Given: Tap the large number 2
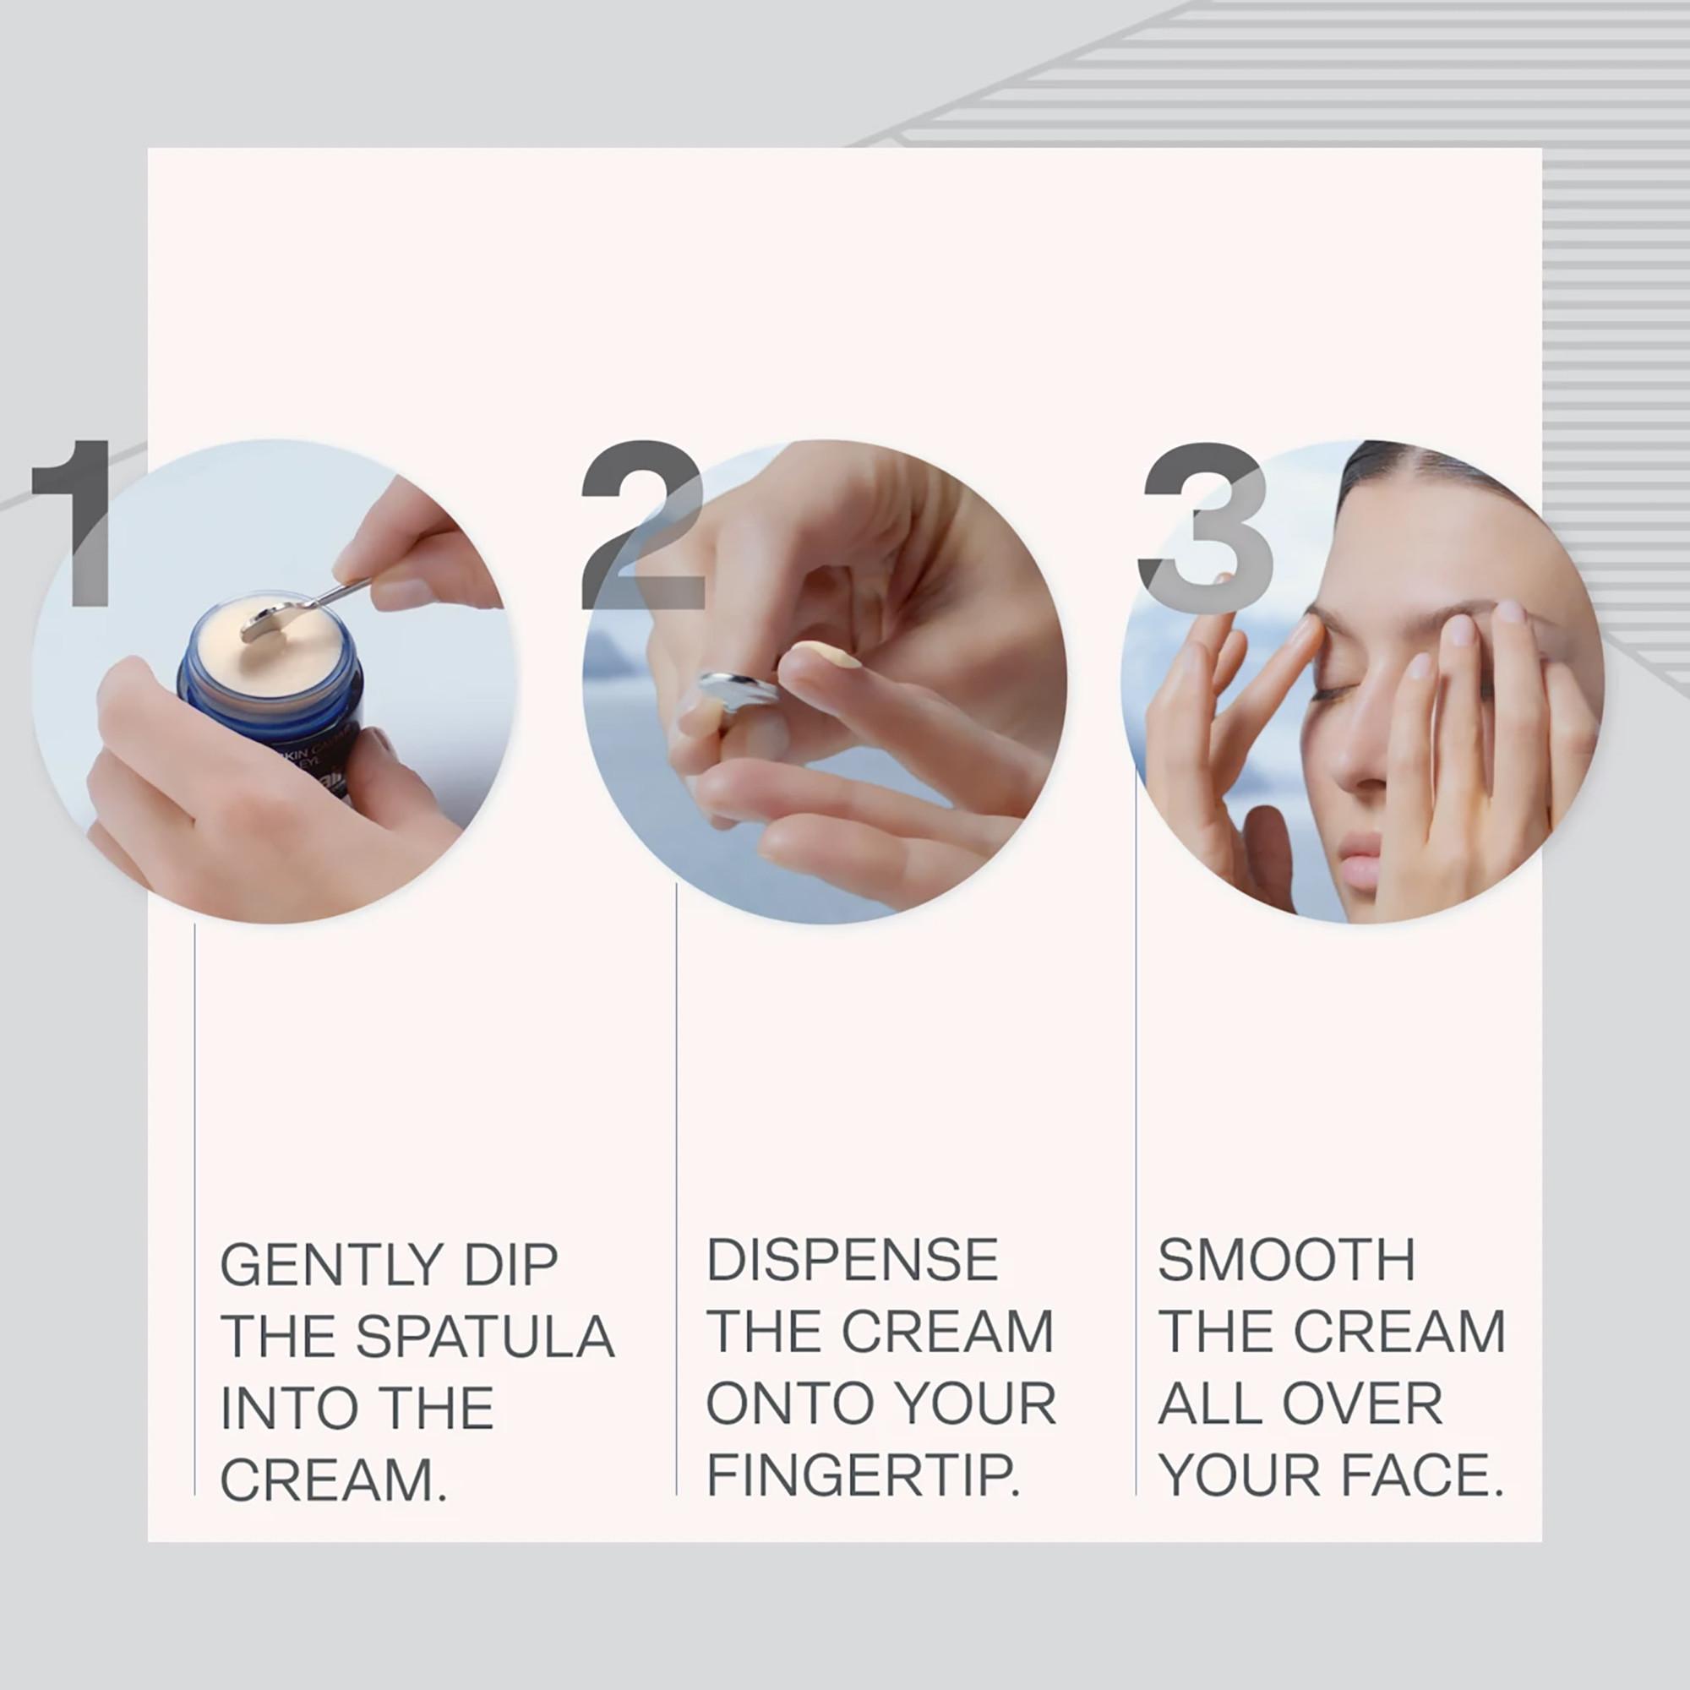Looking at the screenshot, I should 643,525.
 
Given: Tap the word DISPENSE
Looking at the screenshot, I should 852,1261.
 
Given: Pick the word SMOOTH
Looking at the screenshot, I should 1286,1261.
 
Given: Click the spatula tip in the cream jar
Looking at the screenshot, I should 264,623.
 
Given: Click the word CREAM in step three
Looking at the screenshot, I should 1398,1333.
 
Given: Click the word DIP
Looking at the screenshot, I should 511,1266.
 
